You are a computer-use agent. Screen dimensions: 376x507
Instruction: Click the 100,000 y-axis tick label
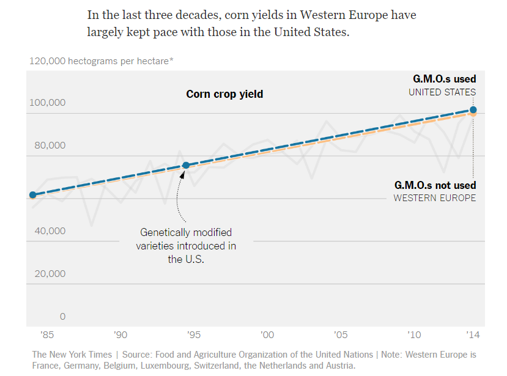(47, 103)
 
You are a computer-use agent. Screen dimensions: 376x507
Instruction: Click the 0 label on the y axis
(62, 317)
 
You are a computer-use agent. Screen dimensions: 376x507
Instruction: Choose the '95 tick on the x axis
(194, 335)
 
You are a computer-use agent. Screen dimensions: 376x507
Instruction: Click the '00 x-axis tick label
(267, 335)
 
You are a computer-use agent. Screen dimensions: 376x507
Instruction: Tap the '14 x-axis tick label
(473, 335)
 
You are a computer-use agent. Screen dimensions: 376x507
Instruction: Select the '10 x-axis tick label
(414, 335)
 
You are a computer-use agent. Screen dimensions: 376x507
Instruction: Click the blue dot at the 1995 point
(187, 166)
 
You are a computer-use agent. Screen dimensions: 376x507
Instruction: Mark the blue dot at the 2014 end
(473, 110)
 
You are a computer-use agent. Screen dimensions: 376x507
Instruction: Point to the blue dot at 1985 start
(32, 195)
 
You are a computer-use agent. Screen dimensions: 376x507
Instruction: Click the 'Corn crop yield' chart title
(224, 94)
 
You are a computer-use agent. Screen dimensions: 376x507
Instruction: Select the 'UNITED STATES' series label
(442, 92)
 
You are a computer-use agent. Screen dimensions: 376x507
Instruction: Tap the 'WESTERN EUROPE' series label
(434, 198)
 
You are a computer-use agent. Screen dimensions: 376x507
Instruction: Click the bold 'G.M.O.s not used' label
(435, 185)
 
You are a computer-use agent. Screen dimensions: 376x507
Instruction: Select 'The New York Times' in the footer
(72, 355)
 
